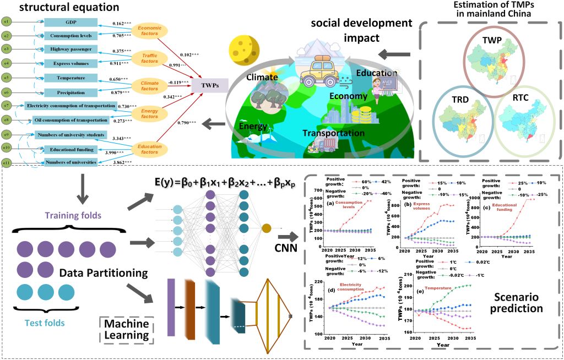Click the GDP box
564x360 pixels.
click(70, 23)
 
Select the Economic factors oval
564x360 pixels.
click(149, 31)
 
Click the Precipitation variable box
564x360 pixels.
click(70, 92)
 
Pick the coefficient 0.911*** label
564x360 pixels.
click(119, 64)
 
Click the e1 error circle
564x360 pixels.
click(6, 22)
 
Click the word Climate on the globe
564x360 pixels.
click(262, 77)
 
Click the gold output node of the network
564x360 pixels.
click(266, 228)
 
